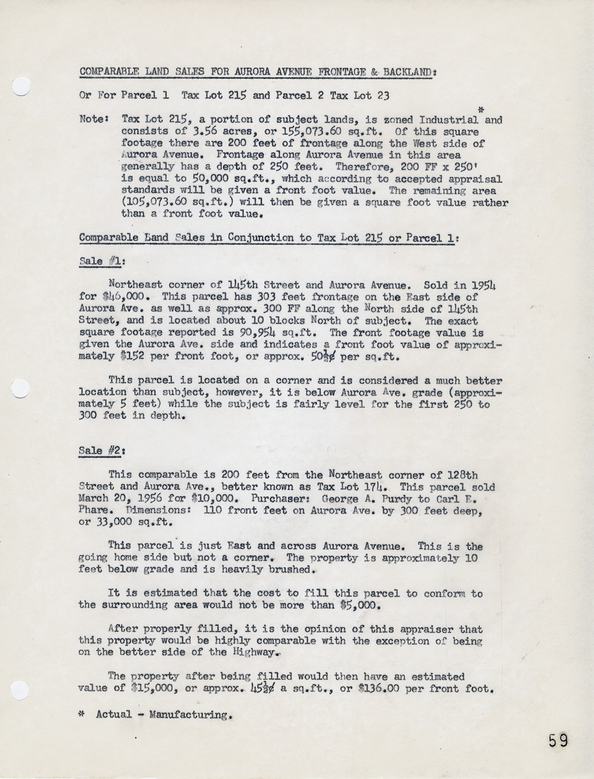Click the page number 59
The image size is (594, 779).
(x=557, y=740)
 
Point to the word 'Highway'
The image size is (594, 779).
(x=257, y=653)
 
